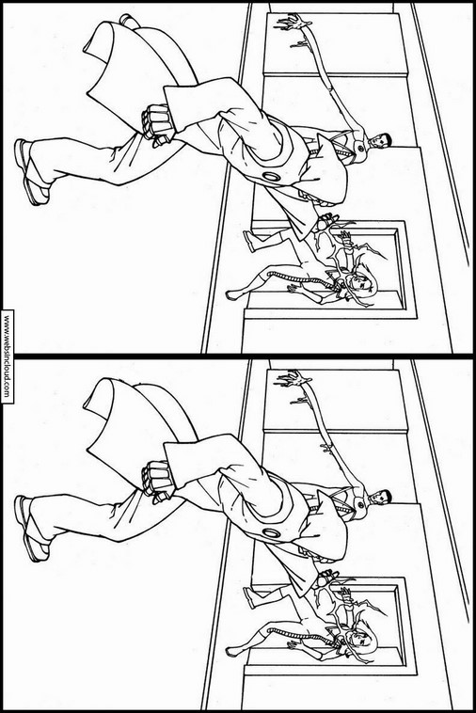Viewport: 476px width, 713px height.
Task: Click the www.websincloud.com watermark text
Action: (x=7, y=356)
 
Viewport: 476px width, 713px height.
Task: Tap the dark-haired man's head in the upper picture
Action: (x=380, y=141)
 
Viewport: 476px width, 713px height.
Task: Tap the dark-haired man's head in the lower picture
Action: (x=380, y=498)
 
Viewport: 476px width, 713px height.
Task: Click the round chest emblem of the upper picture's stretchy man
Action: (x=361, y=149)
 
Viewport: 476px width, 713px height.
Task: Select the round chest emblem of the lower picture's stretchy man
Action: (x=361, y=505)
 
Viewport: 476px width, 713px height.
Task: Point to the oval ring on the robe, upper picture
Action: (x=272, y=177)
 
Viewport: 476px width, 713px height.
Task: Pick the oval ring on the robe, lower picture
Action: (x=272, y=533)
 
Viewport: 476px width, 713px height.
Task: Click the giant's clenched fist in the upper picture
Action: (x=156, y=123)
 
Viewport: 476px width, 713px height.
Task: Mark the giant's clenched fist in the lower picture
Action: (x=156, y=480)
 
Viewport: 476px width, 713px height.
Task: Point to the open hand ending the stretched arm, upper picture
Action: (x=293, y=23)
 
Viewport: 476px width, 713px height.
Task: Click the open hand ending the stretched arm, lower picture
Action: (x=293, y=379)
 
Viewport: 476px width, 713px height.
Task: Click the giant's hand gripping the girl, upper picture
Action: (x=326, y=223)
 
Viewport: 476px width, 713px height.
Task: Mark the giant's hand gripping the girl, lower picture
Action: (x=326, y=579)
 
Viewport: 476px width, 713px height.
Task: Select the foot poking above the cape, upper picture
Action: (x=128, y=20)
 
